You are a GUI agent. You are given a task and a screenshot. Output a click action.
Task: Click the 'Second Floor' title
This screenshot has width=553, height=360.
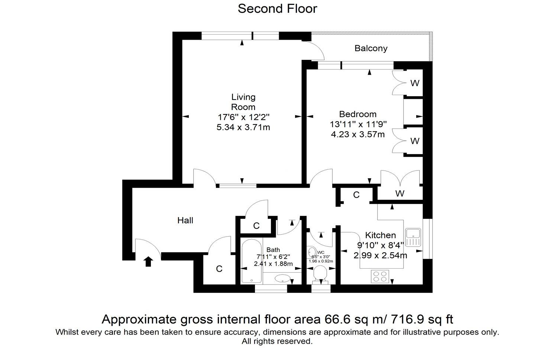(x=277, y=9)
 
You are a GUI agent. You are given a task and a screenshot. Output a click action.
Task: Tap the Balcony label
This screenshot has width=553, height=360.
(x=371, y=48)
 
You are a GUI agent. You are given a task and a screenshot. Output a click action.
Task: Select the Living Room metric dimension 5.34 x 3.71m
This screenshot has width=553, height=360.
(x=243, y=127)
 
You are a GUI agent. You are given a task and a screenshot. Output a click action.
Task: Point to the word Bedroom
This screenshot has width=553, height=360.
(x=358, y=114)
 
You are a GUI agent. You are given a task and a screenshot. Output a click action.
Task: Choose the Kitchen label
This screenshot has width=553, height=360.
(x=380, y=235)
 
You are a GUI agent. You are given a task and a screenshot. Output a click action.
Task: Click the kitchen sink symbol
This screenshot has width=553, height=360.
(x=413, y=237)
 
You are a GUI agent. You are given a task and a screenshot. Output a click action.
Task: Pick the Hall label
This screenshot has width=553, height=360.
(x=185, y=221)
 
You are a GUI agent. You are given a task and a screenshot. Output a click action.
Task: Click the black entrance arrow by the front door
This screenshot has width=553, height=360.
(x=148, y=262)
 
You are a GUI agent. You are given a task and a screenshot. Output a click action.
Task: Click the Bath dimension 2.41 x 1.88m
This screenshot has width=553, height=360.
(x=273, y=264)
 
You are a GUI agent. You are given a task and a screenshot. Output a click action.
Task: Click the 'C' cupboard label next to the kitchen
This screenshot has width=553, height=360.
(x=356, y=195)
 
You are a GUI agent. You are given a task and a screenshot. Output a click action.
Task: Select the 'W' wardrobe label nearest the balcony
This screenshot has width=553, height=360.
(x=415, y=83)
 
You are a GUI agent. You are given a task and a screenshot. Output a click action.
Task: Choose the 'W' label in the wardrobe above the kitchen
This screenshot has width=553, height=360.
(x=400, y=194)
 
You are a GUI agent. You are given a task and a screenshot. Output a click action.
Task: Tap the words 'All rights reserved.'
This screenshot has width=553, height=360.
(x=277, y=341)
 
